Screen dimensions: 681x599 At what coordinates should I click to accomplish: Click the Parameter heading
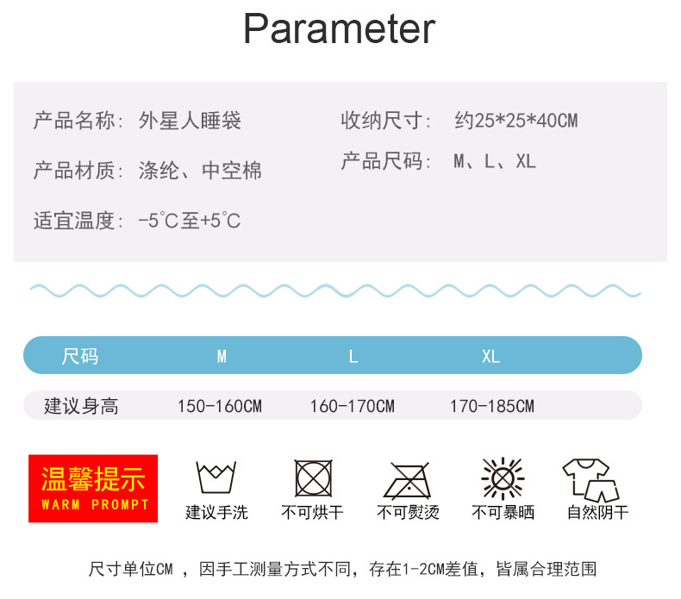339,29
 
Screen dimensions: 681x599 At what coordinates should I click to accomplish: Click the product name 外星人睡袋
190,121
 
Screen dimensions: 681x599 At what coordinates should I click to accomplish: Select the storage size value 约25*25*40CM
515,121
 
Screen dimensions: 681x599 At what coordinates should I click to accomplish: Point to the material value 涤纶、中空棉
200,171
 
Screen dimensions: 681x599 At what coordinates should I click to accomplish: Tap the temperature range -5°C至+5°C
190,222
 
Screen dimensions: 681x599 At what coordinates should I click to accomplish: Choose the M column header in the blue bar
222,356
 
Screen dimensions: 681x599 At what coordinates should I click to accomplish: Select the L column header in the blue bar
353,356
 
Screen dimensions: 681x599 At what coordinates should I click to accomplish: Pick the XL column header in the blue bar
490,356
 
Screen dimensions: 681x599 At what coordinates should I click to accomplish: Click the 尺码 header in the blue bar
80,356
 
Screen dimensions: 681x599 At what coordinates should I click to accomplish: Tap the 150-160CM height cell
219,406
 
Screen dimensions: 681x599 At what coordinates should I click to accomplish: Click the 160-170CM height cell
352,406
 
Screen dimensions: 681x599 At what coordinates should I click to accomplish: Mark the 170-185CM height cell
491,406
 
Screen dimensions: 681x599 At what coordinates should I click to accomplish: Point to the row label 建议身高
81,406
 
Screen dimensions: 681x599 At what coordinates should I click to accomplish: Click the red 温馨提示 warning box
93,488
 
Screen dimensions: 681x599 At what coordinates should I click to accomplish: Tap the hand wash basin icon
216,477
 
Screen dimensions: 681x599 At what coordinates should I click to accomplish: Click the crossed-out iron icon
407,479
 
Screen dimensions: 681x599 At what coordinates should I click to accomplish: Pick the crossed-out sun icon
502,477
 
